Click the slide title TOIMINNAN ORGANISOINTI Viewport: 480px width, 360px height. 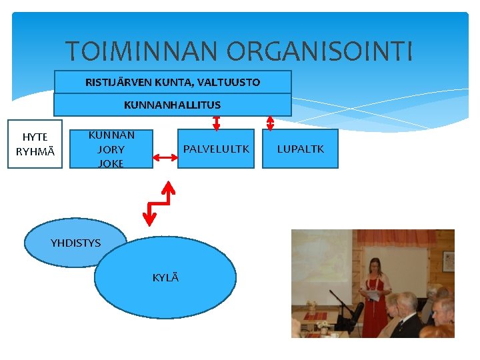click(x=239, y=51)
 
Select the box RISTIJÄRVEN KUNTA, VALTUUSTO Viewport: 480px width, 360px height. click(x=173, y=82)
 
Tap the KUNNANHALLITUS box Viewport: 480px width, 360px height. click(x=172, y=105)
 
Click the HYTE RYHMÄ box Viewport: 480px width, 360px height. click(x=35, y=144)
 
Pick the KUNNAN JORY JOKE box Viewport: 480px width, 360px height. click(x=111, y=149)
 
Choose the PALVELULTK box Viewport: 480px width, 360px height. click(x=216, y=149)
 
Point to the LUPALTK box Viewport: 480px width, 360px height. click(x=300, y=149)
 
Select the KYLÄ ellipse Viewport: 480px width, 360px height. click(x=165, y=278)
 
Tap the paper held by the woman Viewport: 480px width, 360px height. click(x=373, y=295)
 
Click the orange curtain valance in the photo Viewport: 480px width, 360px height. click(x=400, y=238)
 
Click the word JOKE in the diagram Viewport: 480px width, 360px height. click(x=111, y=163)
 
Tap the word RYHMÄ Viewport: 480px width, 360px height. click(x=35, y=151)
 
